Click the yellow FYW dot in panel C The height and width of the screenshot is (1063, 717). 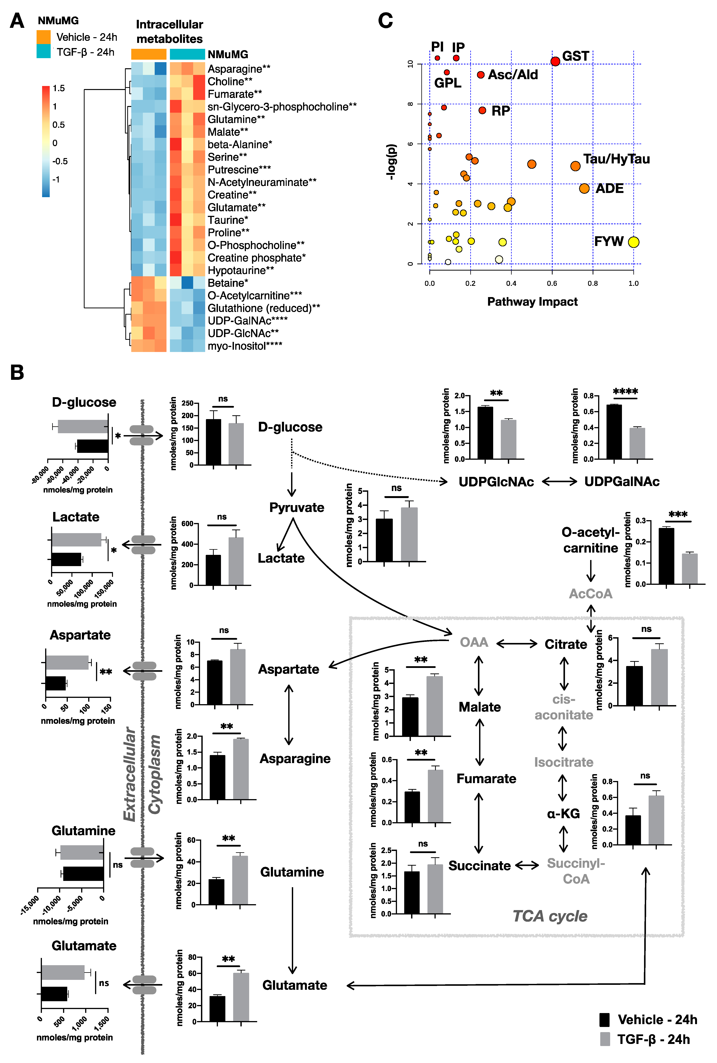tap(633, 242)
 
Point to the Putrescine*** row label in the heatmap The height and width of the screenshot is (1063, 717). tap(239, 170)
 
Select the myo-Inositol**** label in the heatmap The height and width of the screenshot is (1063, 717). tap(244, 346)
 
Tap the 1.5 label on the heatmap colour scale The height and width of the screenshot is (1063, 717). tap(58, 88)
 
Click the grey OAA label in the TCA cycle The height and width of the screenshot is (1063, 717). tap(474, 642)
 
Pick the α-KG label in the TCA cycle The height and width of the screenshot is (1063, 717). tap(563, 813)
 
